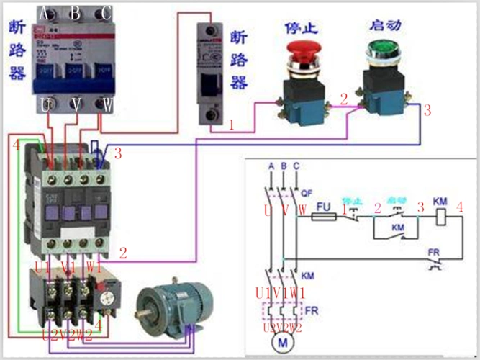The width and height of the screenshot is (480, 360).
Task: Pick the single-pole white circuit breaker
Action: pos(212,76)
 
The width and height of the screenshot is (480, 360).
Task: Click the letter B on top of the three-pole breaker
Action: pos(75,13)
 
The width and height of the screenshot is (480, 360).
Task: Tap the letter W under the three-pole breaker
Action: pos(107,105)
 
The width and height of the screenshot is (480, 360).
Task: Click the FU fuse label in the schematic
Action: pos(323,206)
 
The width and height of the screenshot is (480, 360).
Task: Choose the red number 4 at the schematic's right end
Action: pos(459,207)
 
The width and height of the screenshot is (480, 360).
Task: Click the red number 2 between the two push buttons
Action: pos(344,99)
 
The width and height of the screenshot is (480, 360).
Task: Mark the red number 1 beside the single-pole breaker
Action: pos(232,125)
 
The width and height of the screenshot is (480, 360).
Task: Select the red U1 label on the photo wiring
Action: pos(42,267)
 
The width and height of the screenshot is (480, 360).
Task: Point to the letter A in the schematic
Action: pos(271,166)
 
